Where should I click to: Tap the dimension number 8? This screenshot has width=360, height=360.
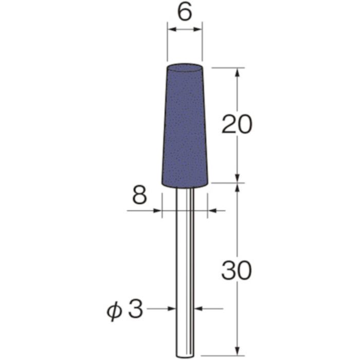(x=140, y=196)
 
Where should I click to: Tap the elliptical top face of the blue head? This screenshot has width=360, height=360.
(x=185, y=68)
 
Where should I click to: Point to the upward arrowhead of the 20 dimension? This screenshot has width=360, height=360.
(x=237, y=72)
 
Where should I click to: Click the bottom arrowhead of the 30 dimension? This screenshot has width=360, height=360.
(x=237, y=350)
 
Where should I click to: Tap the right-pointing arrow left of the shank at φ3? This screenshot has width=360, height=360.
(x=171, y=309)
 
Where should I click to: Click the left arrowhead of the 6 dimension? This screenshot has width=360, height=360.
(x=171, y=31)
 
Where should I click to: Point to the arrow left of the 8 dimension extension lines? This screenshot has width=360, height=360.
(x=157, y=210)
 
